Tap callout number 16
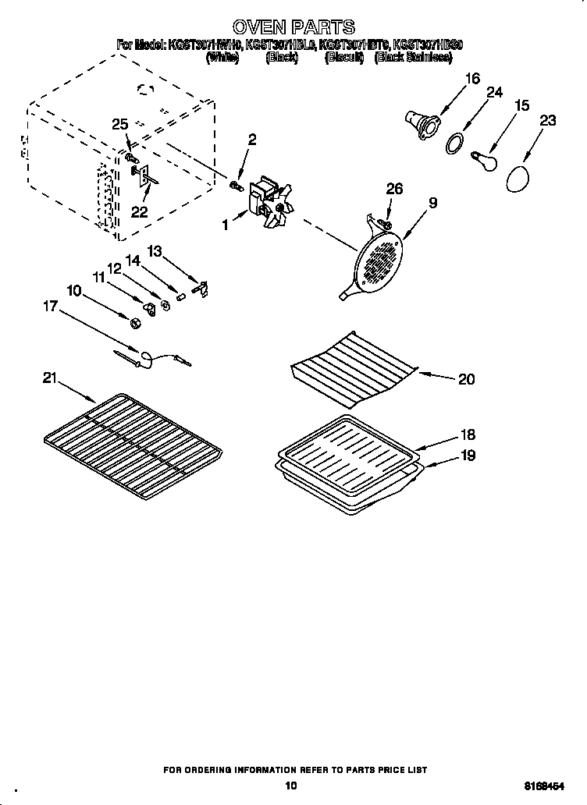[471, 78]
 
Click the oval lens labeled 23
[517, 179]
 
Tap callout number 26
[395, 190]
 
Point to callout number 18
[467, 435]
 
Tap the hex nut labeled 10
[133, 320]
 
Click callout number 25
[119, 124]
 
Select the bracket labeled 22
[144, 177]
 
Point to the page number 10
[292, 786]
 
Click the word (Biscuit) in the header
[344, 58]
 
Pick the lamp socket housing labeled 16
[422, 124]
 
